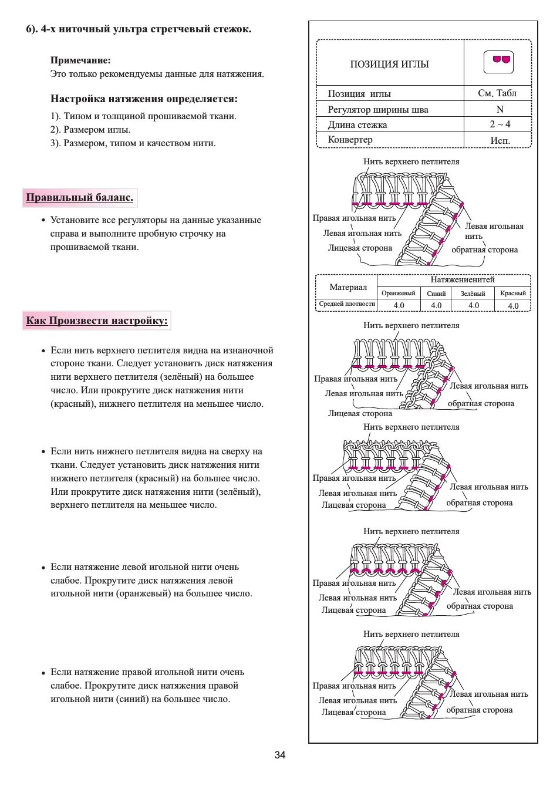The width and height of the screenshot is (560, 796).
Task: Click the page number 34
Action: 280,754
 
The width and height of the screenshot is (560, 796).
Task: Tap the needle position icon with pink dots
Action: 498,62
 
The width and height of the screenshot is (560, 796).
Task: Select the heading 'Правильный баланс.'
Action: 79,197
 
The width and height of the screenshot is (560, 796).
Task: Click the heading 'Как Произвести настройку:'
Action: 97,321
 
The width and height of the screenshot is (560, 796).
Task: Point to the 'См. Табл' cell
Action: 497,93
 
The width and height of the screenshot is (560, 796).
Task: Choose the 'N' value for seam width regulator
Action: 500,109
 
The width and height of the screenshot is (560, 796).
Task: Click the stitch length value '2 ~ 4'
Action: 500,124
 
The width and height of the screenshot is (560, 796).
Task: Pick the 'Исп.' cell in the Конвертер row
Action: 500,140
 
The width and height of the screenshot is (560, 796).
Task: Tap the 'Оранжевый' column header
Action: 398,293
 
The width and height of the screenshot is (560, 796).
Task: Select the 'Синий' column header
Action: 436,294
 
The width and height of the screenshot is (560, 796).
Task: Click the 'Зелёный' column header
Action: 473,294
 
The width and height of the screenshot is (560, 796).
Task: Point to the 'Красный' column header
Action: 513,293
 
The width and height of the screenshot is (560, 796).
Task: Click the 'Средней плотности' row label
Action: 347,304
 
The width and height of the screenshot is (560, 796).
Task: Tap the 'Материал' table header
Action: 348,287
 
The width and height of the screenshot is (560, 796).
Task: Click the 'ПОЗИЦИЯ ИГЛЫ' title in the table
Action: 389,64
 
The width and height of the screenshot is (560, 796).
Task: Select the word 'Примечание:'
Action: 80,60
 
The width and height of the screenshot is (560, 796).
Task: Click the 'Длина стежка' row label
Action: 357,124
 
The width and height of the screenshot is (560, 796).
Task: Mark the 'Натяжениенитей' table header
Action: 463,279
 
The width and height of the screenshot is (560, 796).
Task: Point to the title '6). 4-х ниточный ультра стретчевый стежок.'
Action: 139,29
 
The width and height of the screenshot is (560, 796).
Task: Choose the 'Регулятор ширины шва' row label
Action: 378,109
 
